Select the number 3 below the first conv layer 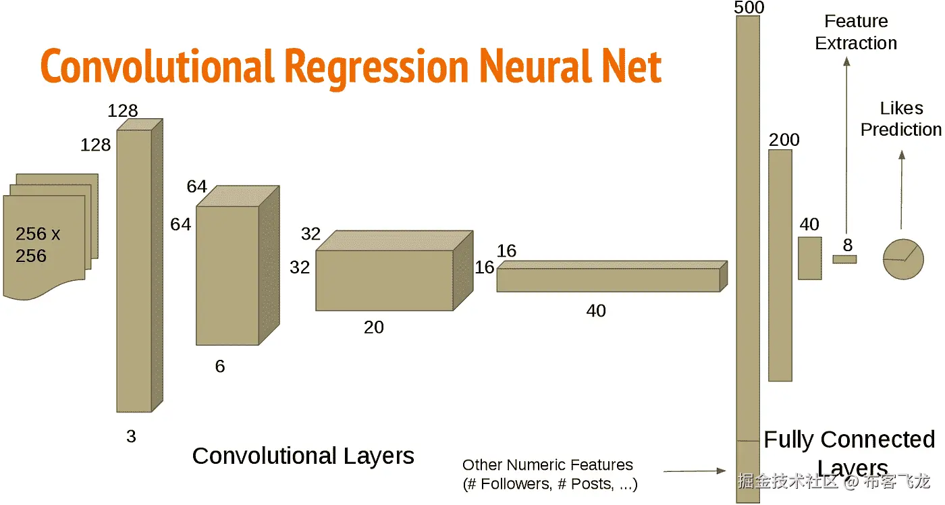pos(131,437)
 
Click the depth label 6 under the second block pos(220,367)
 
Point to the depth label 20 pos(373,327)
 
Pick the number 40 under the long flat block pos(596,311)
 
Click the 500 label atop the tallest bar pos(749,7)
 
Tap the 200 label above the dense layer pos(784,140)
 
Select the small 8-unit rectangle pos(844,259)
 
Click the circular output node pos(903,259)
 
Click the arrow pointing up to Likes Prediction pos(901,189)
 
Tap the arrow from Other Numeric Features pos(695,471)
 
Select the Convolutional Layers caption pos(303,456)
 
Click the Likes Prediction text pos(900,119)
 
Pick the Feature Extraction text pos(856,32)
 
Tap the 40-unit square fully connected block pos(810,258)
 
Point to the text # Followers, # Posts pos(549,484)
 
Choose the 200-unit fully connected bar pos(780,265)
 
